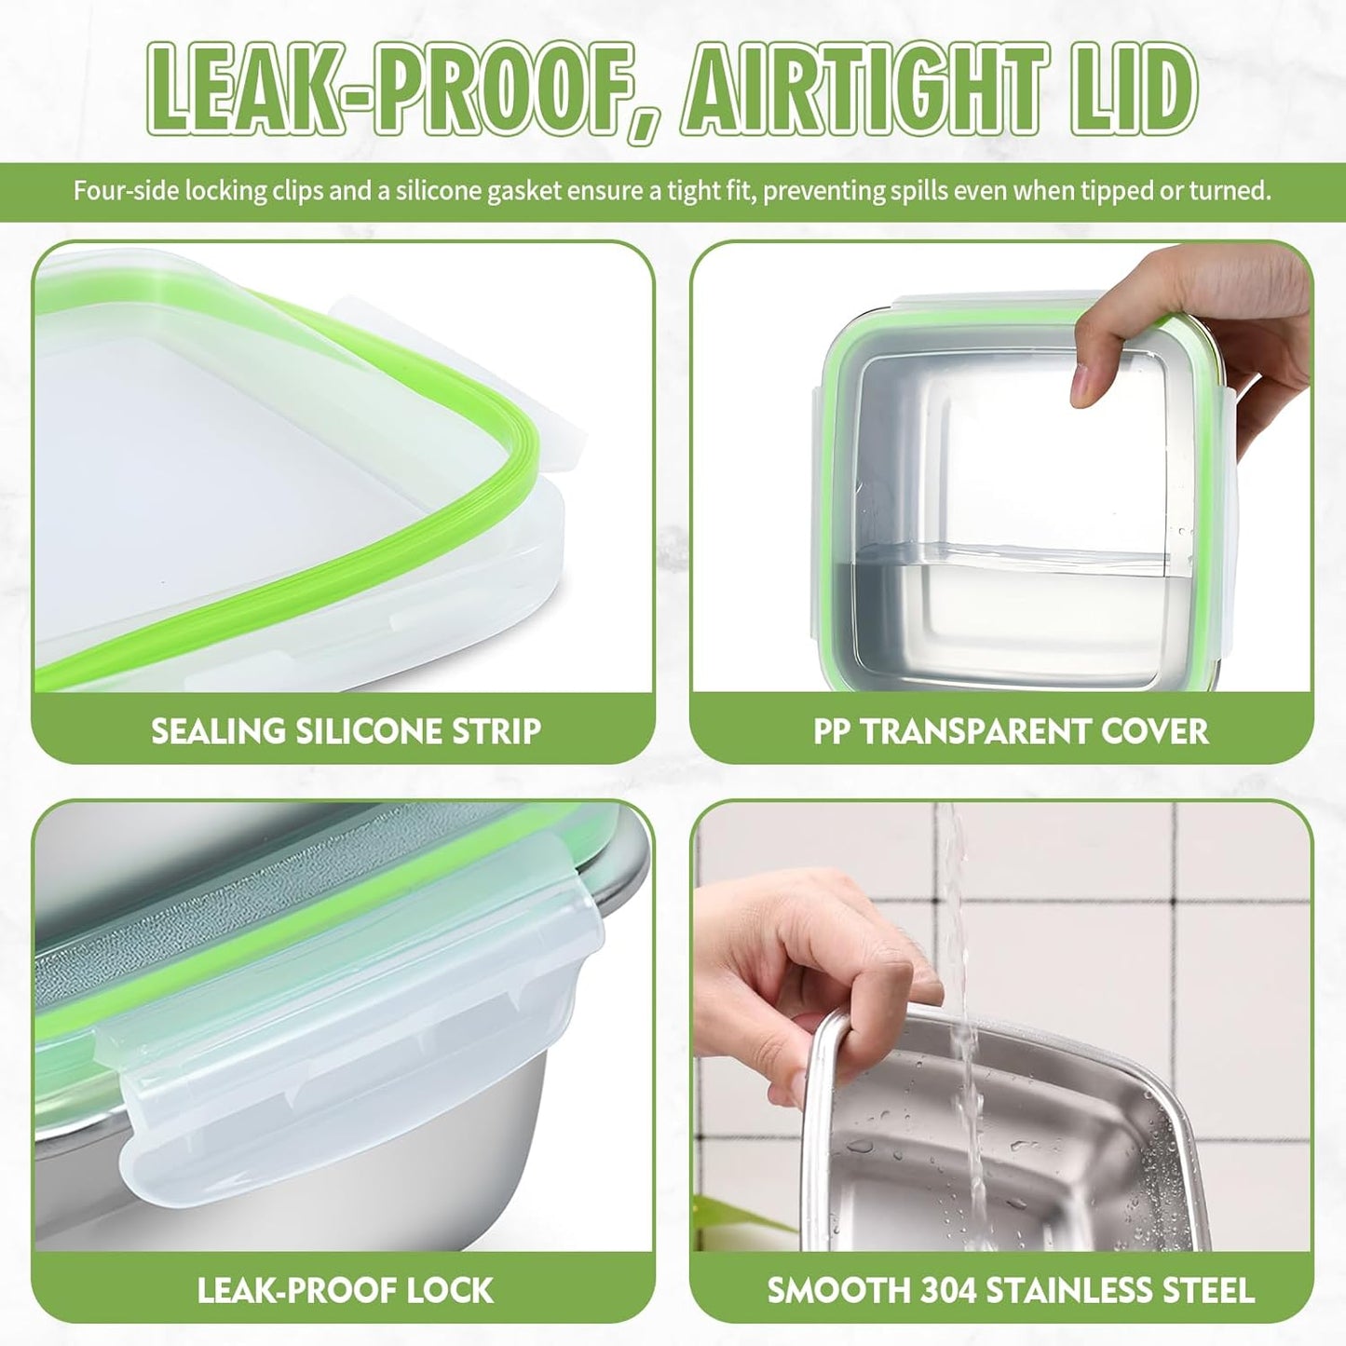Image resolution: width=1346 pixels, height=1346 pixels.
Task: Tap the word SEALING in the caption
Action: tap(218, 731)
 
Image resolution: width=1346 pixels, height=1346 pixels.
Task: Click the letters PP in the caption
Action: tap(832, 731)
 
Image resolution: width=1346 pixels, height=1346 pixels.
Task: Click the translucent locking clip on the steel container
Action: tap(354, 1025)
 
